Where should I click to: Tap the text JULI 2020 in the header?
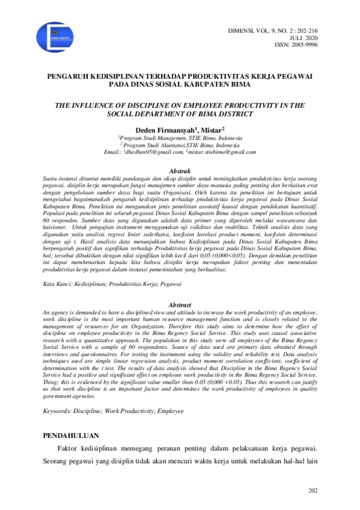(x=330, y=37)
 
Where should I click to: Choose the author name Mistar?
(x=212, y=129)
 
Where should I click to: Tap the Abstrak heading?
(x=181, y=171)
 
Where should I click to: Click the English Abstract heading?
(x=181, y=305)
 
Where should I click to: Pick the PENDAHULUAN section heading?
(x=75, y=434)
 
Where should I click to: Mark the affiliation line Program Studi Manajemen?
(x=180, y=138)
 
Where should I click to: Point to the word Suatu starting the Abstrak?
(x=52, y=179)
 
